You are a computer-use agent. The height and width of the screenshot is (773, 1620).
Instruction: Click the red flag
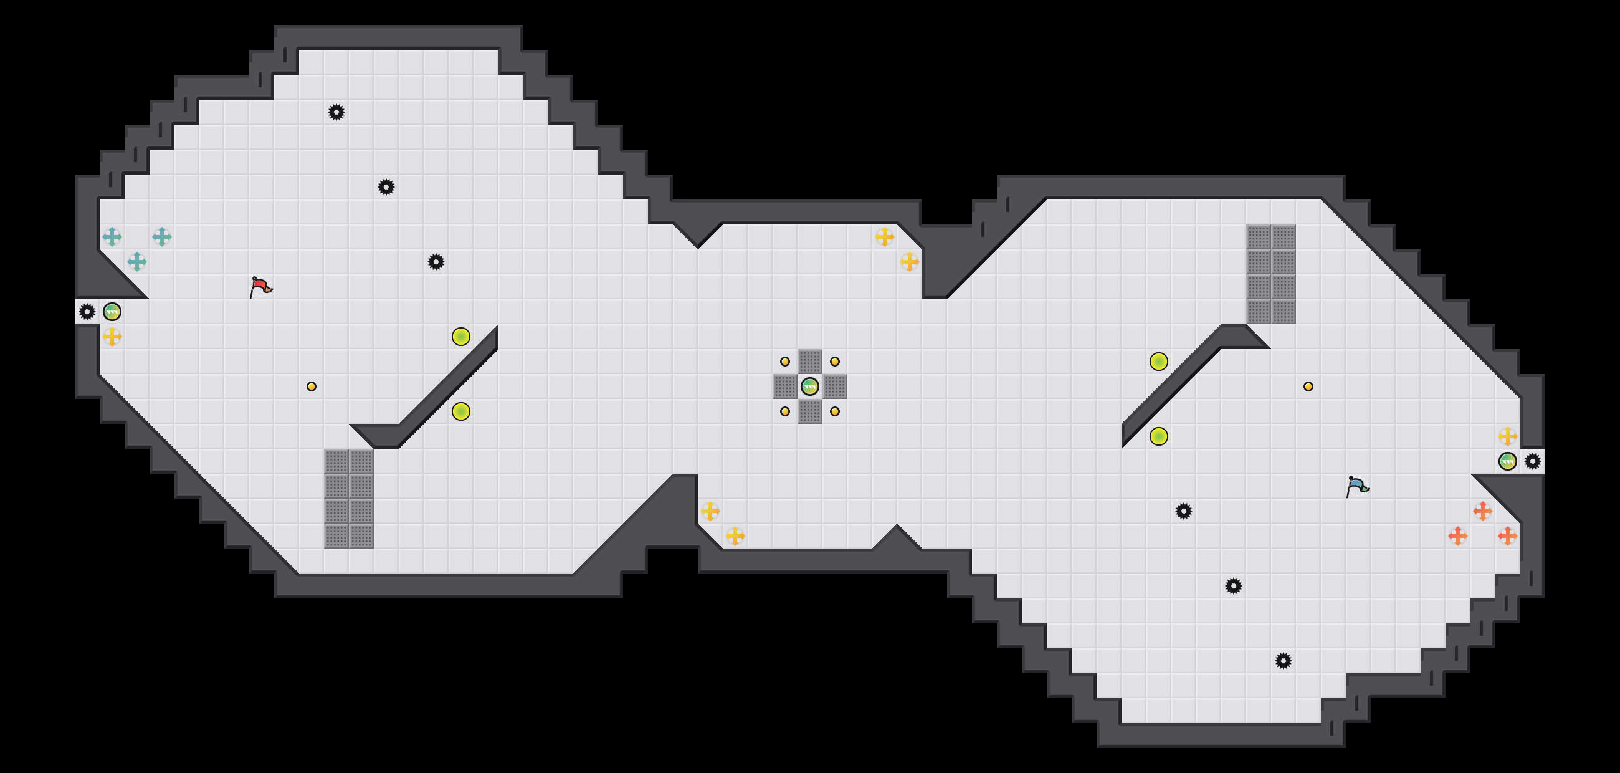(x=260, y=287)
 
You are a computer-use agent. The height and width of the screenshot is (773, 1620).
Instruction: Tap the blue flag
(x=1356, y=486)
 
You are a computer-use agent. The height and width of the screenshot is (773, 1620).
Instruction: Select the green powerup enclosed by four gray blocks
(x=809, y=386)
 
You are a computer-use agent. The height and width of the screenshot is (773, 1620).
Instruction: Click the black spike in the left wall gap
(x=87, y=311)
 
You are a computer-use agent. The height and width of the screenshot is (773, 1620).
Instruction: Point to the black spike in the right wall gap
(x=1533, y=461)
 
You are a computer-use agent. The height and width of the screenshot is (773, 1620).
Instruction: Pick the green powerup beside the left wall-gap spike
(x=112, y=311)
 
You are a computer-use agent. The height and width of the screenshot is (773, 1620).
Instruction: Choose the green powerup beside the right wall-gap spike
(x=1507, y=461)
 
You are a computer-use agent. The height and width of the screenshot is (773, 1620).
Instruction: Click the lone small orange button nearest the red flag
(x=312, y=386)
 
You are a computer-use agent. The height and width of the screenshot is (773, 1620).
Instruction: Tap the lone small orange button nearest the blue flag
(x=1308, y=386)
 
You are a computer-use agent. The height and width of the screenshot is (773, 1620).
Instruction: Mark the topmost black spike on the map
(x=336, y=112)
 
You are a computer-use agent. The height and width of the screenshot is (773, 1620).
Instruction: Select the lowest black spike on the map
(x=1284, y=660)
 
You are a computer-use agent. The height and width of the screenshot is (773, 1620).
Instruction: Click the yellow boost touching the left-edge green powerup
(x=112, y=337)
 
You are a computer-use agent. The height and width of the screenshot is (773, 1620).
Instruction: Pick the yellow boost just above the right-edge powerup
(x=1507, y=436)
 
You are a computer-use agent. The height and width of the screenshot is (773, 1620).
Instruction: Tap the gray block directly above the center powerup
(x=809, y=361)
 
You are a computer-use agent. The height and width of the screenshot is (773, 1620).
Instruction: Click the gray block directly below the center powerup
(x=809, y=411)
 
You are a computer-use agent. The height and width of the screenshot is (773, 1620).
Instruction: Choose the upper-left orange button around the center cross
(x=785, y=361)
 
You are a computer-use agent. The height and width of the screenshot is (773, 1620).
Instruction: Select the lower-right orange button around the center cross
(x=834, y=411)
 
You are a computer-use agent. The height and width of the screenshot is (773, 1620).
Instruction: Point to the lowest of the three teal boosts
(x=137, y=262)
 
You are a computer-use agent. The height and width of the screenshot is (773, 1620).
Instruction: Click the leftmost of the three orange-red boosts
(x=1458, y=536)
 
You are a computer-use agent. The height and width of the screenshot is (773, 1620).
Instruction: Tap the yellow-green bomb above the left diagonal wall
(x=461, y=337)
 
